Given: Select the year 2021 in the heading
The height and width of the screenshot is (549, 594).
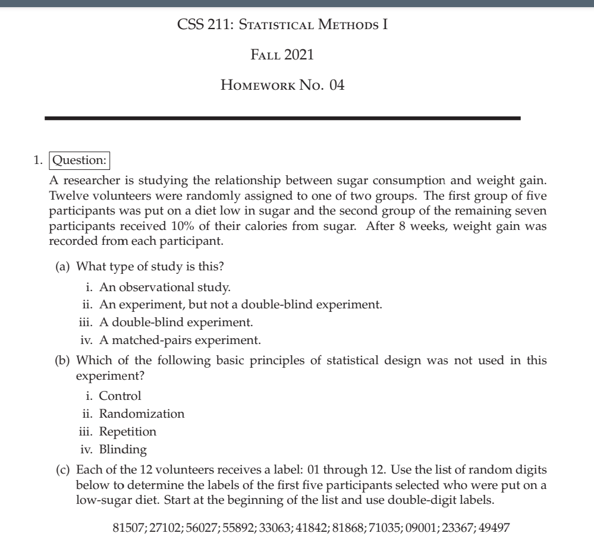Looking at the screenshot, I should [298, 56].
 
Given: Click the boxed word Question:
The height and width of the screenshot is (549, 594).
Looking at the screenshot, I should [81, 161].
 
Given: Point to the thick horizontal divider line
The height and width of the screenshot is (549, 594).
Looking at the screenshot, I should [282, 118].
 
